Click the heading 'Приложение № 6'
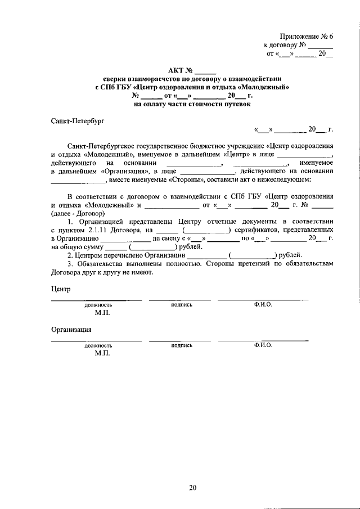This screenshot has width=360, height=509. [306, 35]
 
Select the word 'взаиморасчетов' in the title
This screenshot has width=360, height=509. [148, 79]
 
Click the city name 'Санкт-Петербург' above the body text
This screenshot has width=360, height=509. [78, 120]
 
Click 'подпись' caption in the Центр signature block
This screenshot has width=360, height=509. [181, 304]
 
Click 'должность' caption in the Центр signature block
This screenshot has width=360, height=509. [98, 304]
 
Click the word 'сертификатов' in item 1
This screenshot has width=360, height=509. [256, 229]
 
